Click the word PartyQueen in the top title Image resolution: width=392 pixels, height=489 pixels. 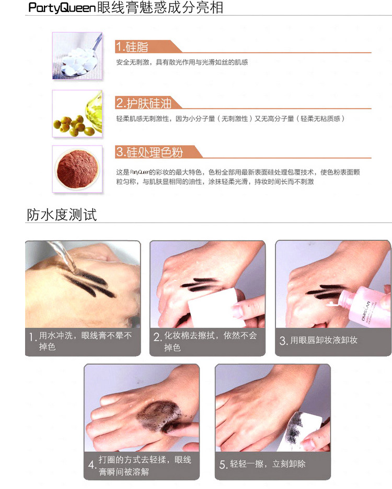[x=62, y=7]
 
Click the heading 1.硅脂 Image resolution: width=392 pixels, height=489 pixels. [x=132, y=47]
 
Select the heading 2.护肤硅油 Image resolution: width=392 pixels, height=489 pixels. [x=144, y=103]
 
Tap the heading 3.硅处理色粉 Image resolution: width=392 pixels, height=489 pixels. [x=149, y=152]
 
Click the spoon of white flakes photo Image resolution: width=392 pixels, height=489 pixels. [x=77, y=55]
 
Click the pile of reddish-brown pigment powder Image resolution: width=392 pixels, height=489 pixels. [x=77, y=169]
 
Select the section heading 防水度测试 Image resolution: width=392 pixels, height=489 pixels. [x=62, y=215]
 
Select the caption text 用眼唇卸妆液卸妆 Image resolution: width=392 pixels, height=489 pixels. [x=324, y=340]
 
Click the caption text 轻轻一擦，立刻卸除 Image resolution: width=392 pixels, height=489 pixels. [x=268, y=464]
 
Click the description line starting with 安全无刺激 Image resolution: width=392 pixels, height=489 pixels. [x=182, y=62]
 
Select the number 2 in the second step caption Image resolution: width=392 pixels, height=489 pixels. [x=157, y=337]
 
